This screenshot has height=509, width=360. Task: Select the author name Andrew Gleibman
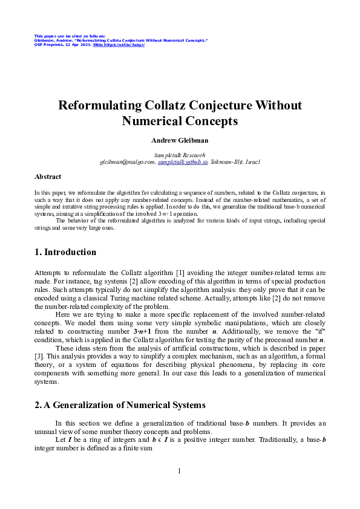pyautogui.click(x=180, y=140)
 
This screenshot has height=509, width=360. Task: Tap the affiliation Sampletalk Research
pyautogui.click(x=180, y=155)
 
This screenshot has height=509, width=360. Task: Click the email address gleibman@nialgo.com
pyautogui.click(x=128, y=162)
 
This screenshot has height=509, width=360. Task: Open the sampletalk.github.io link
pyautogui.click(x=182, y=162)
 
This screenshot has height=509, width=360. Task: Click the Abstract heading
pyautogui.click(x=48, y=177)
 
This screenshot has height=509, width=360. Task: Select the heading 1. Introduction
pyautogui.click(x=65, y=252)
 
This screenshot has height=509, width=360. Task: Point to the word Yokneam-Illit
pyautogui.click(x=227, y=162)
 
